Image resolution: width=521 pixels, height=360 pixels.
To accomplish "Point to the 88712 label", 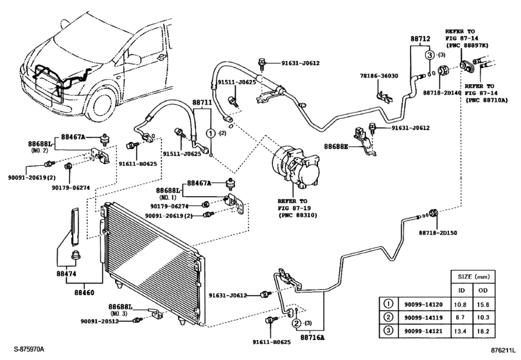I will [x=420, y=39].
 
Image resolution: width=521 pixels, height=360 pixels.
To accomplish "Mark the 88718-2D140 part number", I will [x=442, y=93].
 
